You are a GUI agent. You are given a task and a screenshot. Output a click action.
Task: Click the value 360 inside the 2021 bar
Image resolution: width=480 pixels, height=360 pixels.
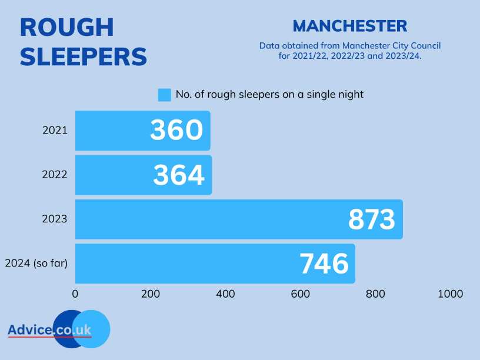[x=176, y=131]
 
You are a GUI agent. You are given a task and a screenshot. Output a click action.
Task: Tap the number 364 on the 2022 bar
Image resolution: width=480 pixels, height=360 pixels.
[x=179, y=175]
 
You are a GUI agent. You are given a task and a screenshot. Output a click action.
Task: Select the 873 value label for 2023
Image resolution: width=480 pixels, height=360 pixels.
[x=371, y=219]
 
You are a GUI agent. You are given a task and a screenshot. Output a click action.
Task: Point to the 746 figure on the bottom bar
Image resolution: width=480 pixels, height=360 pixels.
[x=324, y=264]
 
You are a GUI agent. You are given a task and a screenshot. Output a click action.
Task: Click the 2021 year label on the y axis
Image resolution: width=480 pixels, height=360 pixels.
[x=55, y=130]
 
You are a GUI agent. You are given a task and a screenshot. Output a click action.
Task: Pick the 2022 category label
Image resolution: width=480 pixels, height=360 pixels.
[x=55, y=174]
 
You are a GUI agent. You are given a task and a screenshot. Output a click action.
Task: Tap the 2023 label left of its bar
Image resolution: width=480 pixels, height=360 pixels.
[x=55, y=219]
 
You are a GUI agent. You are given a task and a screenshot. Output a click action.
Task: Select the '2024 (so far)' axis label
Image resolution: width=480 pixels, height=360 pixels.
[x=36, y=263]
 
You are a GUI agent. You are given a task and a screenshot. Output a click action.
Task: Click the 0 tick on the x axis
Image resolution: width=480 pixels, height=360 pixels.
[x=75, y=294]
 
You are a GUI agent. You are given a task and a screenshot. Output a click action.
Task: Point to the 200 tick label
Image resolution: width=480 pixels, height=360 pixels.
[x=151, y=294]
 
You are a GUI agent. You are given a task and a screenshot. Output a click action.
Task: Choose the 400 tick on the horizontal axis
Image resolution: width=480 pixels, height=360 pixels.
[x=225, y=294]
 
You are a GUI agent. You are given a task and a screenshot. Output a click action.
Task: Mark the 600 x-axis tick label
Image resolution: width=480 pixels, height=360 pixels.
[x=301, y=294]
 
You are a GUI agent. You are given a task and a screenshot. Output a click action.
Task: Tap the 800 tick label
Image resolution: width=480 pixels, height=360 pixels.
[x=375, y=294]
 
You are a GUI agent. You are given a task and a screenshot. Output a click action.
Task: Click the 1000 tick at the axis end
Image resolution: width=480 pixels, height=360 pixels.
[x=450, y=294]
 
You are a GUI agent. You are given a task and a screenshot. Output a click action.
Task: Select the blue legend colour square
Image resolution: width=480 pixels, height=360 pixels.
[x=165, y=95]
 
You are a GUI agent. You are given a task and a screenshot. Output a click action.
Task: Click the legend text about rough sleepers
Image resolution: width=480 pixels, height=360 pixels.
[x=269, y=94]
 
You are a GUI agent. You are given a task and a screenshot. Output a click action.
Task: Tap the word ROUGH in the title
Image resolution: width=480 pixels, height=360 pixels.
[x=66, y=28]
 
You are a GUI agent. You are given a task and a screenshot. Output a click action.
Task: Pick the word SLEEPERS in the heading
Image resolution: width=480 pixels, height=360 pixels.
[x=83, y=56]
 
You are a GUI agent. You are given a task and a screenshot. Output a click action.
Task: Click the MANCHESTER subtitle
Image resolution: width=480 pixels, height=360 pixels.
[x=349, y=26]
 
